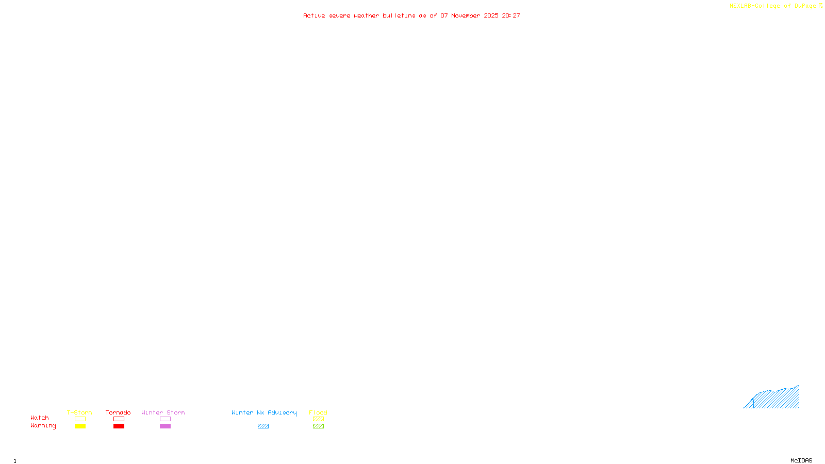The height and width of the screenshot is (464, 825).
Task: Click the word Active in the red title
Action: point(314,16)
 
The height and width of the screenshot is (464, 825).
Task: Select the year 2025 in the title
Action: point(491,16)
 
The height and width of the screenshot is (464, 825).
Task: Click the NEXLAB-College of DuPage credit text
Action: point(772,6)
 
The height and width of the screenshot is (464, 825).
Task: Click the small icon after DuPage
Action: point(820,6)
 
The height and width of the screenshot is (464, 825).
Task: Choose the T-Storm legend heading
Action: point(79,412)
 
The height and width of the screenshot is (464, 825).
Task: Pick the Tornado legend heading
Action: point(118,412)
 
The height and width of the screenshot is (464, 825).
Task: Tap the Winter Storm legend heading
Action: point(163,412)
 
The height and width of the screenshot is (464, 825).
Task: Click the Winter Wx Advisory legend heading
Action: point(264,412)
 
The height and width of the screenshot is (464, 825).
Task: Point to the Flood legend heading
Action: point(318,412)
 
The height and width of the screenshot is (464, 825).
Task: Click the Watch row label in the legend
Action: point(40,418)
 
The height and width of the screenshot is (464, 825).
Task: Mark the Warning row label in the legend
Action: point(43,426)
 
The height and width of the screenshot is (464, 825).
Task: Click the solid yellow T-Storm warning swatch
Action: point(80,426)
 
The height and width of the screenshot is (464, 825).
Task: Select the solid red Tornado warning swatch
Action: point(119,426)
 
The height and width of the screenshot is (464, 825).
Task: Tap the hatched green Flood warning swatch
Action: point(318,426)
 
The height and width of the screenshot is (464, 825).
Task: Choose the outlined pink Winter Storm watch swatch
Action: point(165,419)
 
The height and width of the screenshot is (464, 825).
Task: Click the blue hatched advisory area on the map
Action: point(779,399)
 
